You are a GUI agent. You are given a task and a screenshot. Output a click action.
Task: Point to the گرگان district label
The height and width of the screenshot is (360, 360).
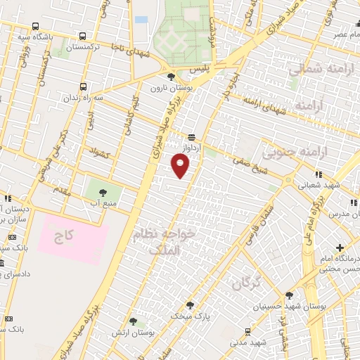[245, 283]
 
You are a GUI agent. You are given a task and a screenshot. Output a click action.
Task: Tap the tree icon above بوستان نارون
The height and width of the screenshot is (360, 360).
[171, 77]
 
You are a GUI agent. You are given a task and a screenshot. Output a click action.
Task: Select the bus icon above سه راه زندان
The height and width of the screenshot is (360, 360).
[84, 86]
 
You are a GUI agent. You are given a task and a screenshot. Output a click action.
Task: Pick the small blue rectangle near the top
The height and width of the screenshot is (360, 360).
[141, 19]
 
